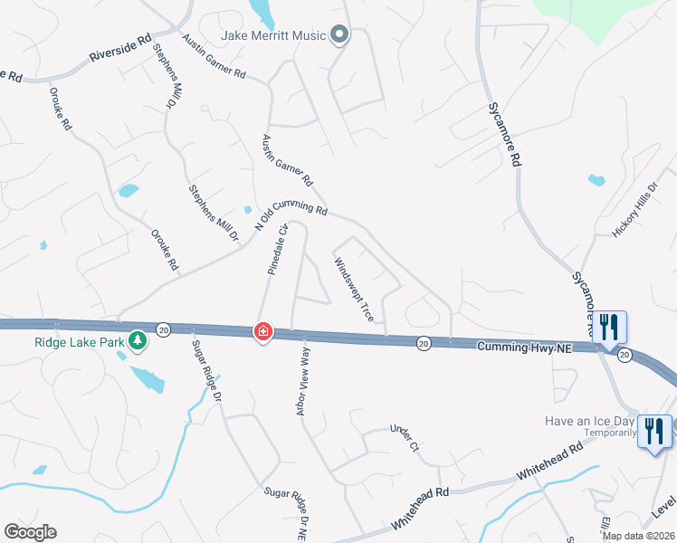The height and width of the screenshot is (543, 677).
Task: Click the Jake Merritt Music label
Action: point(273,35)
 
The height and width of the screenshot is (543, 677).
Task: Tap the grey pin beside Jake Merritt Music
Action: point(339,35)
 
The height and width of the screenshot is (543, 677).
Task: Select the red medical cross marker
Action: point(262,332)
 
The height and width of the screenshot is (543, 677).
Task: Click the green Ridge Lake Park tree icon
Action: point(137,341)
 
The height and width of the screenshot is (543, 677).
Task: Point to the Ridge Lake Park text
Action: point(79,342)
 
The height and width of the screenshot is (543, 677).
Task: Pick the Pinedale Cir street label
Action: point(276,249)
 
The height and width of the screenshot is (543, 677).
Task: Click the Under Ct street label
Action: point(405,438)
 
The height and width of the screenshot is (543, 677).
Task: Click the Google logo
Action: point(30,532)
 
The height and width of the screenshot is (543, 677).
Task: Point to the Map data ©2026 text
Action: point(638,536)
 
